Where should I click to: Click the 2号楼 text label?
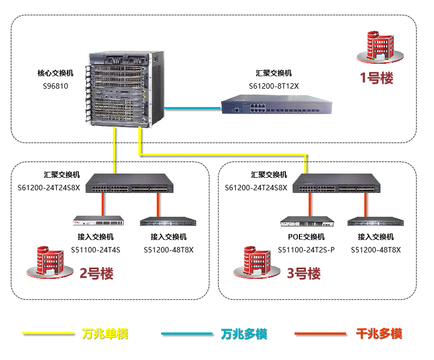[x=97, y=274]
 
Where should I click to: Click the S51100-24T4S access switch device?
[x=99, y=221]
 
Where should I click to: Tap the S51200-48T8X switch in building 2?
[x=168, y=221]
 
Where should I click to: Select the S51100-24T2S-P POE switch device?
[x=306, y=221]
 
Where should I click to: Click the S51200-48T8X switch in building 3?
[x=375, y=221]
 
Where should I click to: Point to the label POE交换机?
[x=306, y=237]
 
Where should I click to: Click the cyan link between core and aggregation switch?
[x=192, y=108]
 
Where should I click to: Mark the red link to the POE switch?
[x=310, y=205]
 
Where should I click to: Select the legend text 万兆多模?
[x=244, y=334]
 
